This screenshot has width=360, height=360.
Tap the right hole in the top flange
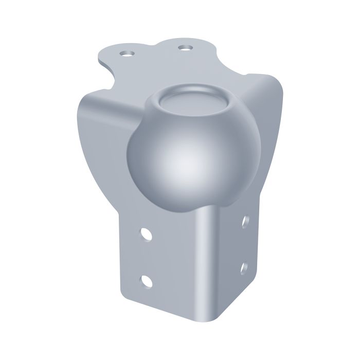pos(184,48)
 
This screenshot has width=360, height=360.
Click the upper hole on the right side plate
pos(246,222)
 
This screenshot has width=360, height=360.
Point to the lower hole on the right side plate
pos(244,267)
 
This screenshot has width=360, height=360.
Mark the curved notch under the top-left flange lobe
pos(111,77)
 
